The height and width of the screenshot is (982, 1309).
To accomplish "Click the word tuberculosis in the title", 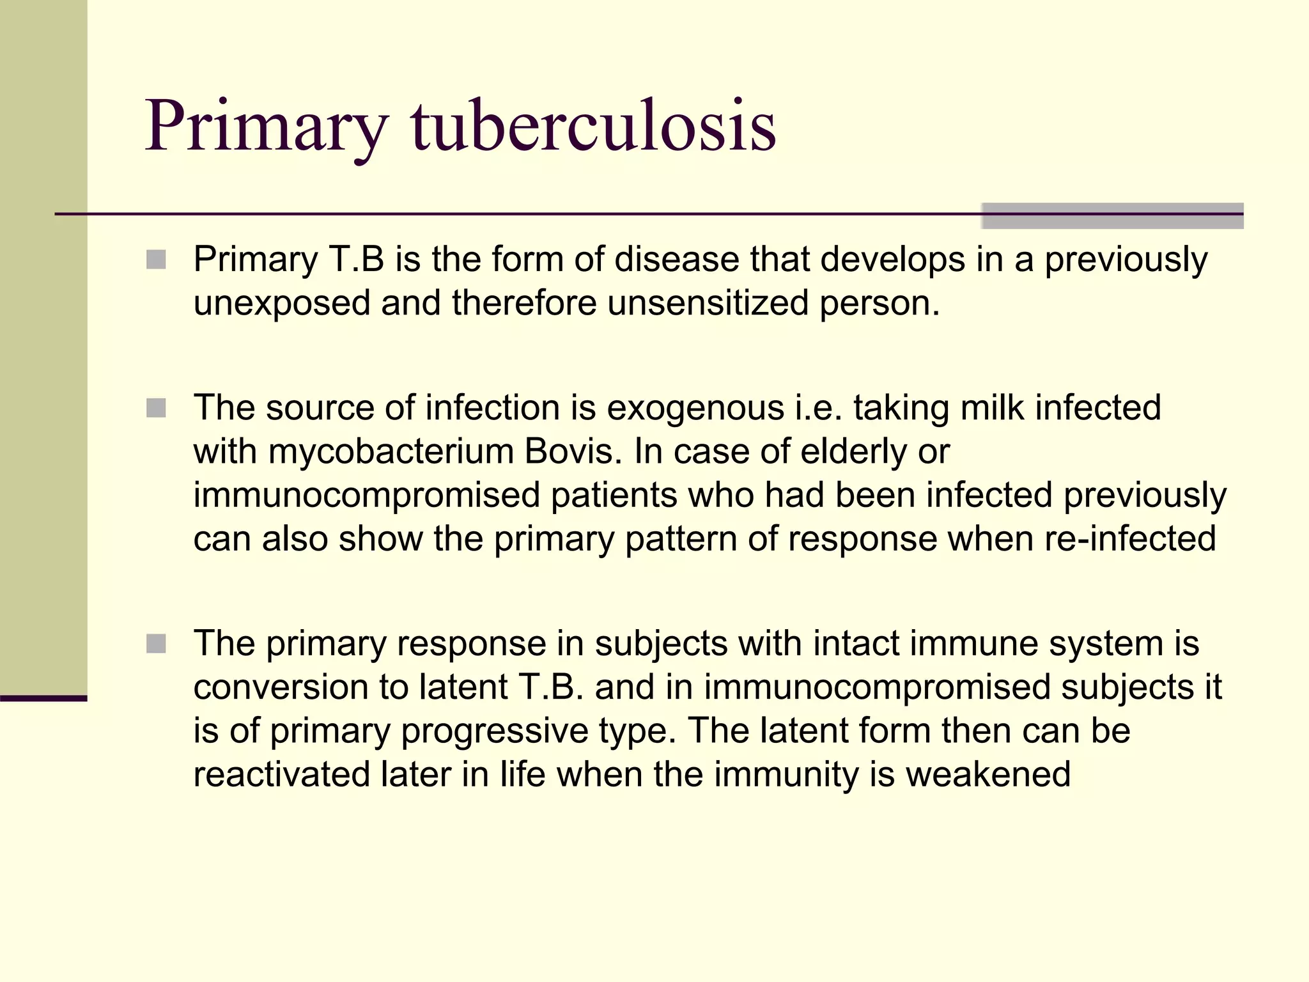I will point(593,126).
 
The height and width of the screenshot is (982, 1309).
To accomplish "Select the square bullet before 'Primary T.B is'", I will point(156,260).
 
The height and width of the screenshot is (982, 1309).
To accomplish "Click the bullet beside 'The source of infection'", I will point(156,408).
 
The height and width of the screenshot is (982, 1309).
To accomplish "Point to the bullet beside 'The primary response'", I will point(156,644).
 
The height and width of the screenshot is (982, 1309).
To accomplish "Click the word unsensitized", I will point(708,302).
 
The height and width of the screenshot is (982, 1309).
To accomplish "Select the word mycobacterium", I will point(391,452).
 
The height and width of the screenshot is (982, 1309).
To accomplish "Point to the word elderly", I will point(853,452).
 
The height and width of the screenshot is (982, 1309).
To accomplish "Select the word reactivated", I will point(281,774).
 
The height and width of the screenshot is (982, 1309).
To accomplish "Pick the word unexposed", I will point(282,304).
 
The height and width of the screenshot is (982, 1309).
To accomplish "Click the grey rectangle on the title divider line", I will point(1112,215).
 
